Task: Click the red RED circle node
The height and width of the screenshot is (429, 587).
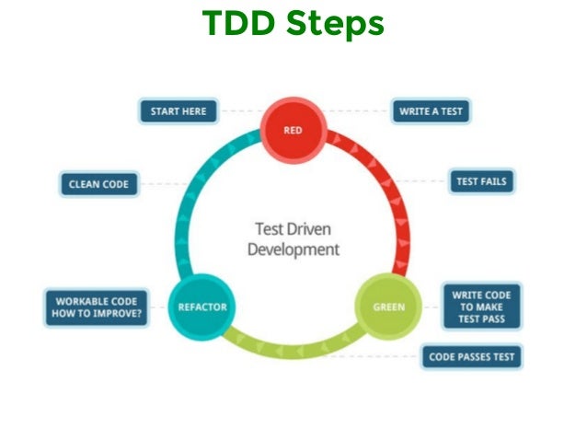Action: pos(293,131)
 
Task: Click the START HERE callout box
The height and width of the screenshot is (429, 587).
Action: pos(179,111)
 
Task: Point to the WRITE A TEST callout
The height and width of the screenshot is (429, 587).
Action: pos(431,111)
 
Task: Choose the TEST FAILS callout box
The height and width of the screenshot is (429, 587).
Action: pos(481,181)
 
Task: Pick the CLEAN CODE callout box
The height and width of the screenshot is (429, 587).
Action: pos(98,184)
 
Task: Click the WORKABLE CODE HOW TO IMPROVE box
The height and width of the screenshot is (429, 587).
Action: pos(98,307)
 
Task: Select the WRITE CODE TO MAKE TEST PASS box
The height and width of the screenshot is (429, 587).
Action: pos(481,307)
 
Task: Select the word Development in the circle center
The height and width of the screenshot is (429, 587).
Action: pos(293,249)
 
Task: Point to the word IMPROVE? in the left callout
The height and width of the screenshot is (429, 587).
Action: pos(121,315)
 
